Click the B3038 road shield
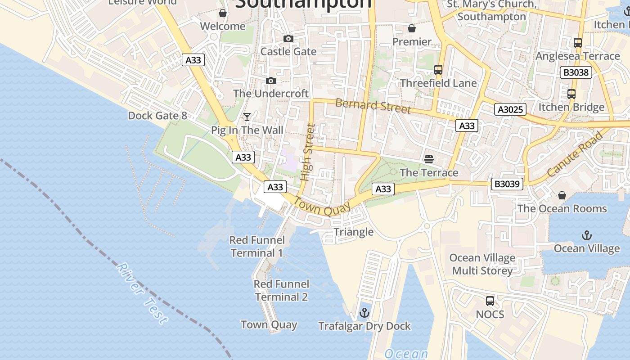coord(576,72)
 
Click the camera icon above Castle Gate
coord(288,39)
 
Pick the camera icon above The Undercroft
coord(270,81)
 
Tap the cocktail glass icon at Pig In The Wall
coord(247,117)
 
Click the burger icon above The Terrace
coord(429,159)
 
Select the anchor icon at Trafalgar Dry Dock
coord(364,313)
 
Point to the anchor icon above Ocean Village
coord(586,235)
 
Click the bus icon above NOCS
coord(490,301)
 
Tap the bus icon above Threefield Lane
coord(438,70)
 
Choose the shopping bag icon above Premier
coord(411,29)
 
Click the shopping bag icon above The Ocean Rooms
coord(562,195)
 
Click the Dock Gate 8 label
coord(157,116)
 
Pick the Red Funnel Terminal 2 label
coord(281,290)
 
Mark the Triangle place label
coord(353,232)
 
